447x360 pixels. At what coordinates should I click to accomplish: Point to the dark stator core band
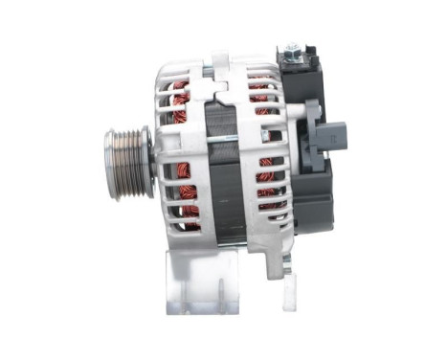(x=222, y=172)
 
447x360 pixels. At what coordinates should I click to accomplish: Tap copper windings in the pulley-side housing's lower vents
(x=187, y=206)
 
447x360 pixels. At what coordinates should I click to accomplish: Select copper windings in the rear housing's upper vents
(x=260, y=96)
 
